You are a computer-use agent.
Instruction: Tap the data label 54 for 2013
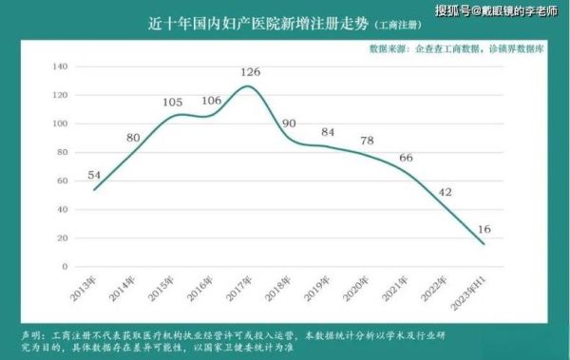[95, 175]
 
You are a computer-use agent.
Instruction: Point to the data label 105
[172, 103]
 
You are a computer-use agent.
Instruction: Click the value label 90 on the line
[291, 123]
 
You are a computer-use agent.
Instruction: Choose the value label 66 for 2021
[406, 158]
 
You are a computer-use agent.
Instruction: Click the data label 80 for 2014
[134, 138]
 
